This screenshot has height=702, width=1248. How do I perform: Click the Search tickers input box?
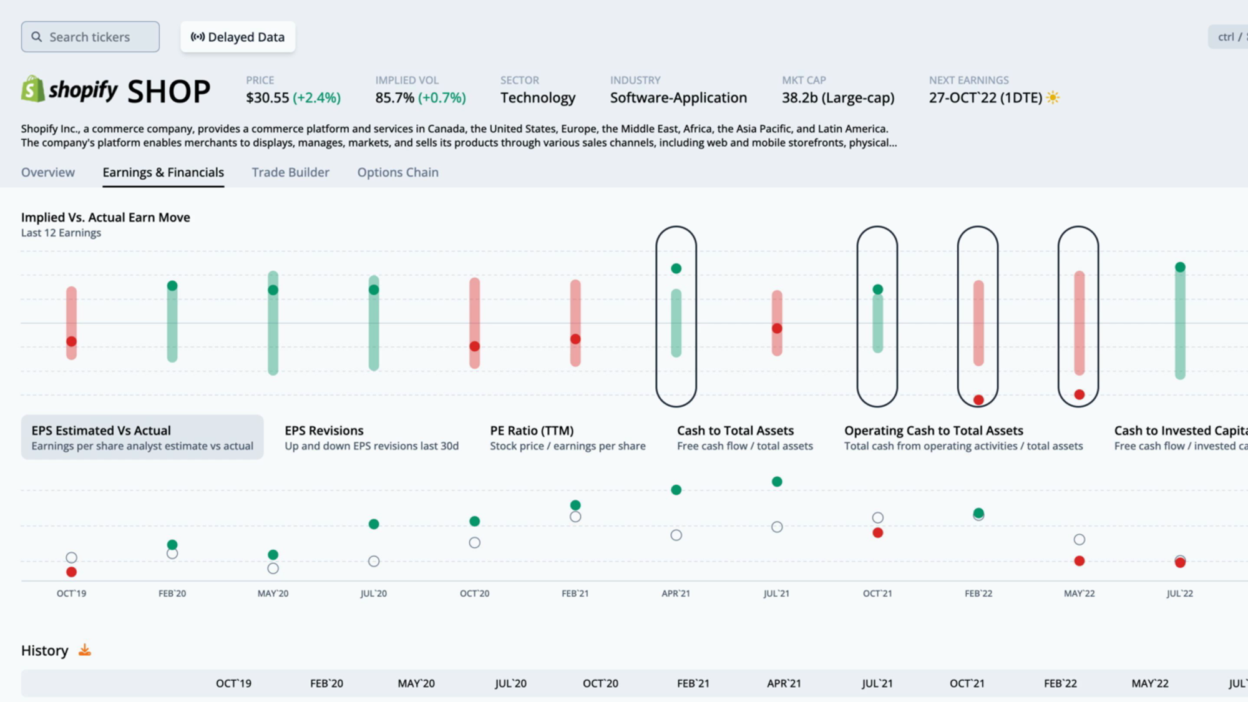point(90,37)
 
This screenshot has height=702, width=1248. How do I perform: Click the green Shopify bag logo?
point(32,89)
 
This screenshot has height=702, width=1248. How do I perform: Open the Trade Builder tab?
point(290,172)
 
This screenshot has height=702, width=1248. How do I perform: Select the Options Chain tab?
point(397,172)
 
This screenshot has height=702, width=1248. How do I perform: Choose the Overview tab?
point(48,172)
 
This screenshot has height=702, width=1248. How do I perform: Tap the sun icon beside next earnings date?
point(1053,97)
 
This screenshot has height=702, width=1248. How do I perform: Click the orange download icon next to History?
point(85,650)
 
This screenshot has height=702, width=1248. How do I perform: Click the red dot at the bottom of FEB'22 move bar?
point(978,400)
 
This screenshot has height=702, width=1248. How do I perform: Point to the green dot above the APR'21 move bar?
point(676,268)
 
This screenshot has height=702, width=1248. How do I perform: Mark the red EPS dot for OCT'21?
point(877,533)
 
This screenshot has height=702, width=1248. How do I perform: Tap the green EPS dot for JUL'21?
point(777,482)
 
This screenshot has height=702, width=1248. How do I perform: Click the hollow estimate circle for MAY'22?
point(1080,540)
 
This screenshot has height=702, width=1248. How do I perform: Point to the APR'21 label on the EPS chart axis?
point(676,593)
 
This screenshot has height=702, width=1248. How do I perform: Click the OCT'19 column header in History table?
point(233,683)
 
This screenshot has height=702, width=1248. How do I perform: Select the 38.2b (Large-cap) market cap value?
point(838,98)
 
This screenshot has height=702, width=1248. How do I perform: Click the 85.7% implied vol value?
point(394,98)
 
